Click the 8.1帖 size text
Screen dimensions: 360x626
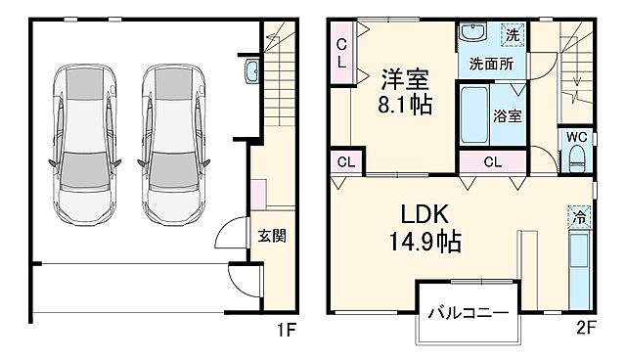pyautogui.click(x=405, y=101)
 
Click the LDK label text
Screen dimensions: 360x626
pyautogui.click(x=423, y=214)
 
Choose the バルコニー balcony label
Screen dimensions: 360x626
pyautogui.click(x=467, y=315)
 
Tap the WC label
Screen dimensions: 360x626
pyautogui.click(x=575, y=138)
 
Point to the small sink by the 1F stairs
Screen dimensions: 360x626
pyautogui.click(x=251, y=70)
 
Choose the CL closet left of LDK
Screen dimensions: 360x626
pyautogui.click(x=345, y=162)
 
